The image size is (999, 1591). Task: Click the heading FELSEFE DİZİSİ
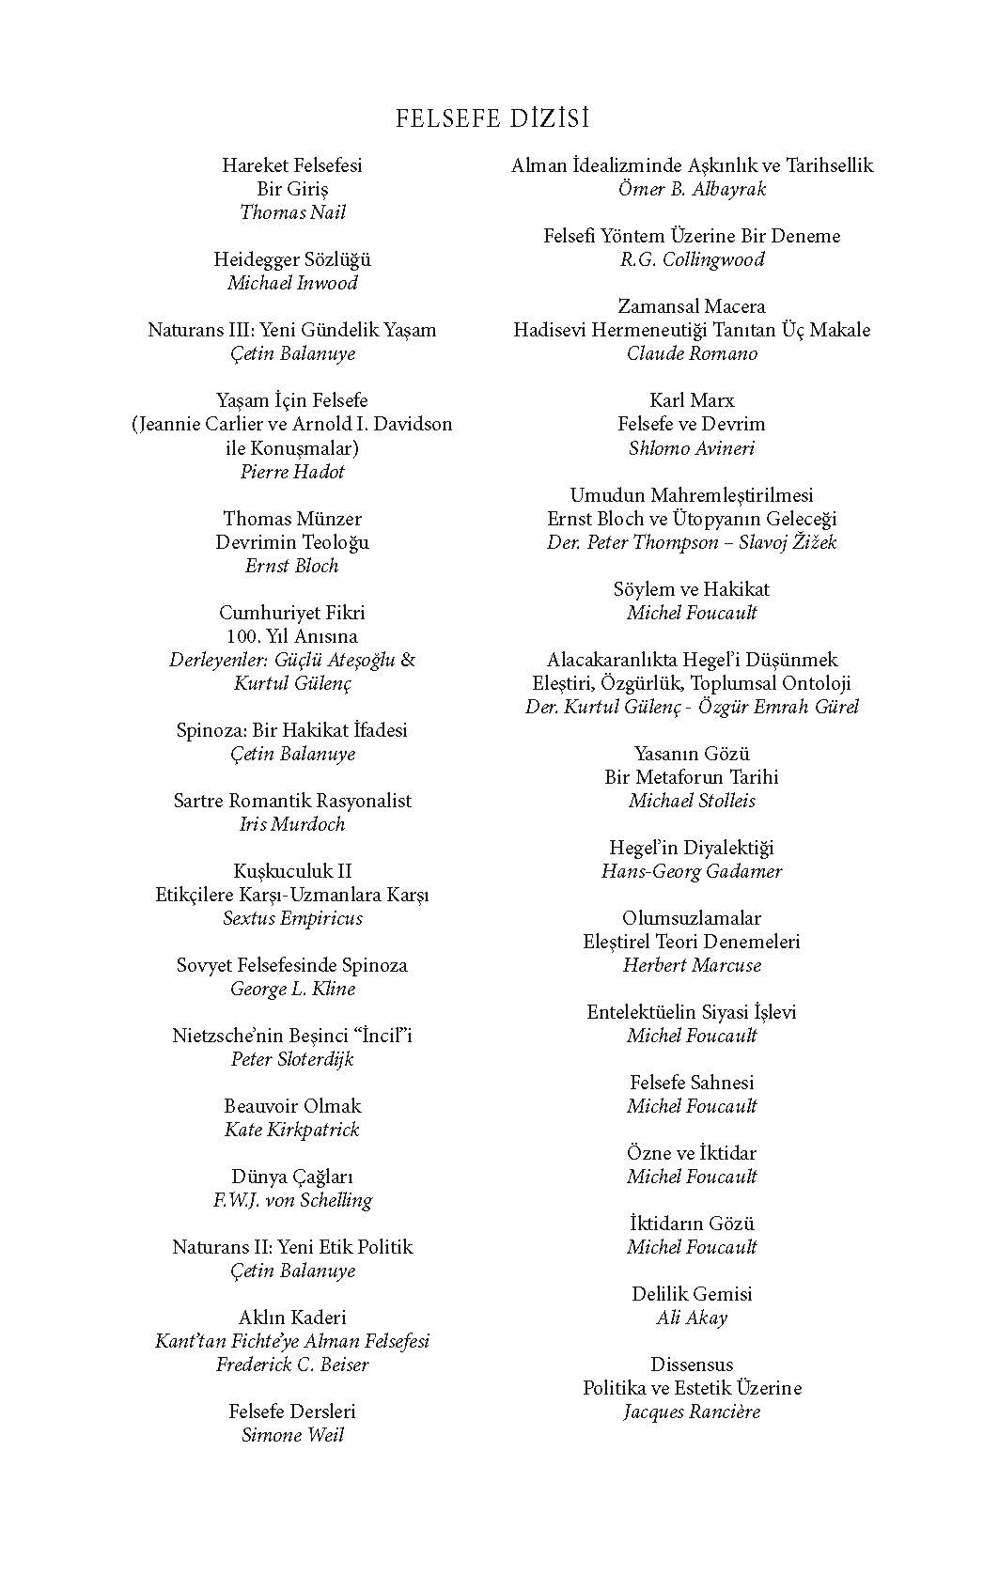click(x=492, y=118)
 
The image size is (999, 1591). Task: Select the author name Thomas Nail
click(x=292, y=212)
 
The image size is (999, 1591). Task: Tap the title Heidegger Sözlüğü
click(x=292, y=259)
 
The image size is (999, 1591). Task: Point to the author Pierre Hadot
click(x=292, y=472)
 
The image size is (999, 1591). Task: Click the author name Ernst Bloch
click(x=292, y=566)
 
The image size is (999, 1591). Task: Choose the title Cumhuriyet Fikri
click(x=292, y=613)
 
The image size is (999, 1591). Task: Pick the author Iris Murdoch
click(x=292, y=824)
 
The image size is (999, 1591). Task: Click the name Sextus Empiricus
click(x=292, y=918)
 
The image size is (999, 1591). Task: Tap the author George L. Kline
click(x=292, y=989)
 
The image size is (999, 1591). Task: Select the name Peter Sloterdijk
click(x=292, y=1059)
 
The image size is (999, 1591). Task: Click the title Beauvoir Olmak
click(x=292, y=1106)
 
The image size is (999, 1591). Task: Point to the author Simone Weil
click(x=292, y=1435)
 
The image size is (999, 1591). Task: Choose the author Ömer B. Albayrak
click(x=692, y=189)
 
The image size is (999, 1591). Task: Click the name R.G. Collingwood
click(x=692, y=259)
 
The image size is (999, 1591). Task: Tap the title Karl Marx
click(x=692, y=400)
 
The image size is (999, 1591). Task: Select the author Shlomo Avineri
click(x=692, y=448)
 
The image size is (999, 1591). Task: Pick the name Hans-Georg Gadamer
click(x=692, y=871)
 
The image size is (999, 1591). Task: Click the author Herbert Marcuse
click(x=692, y=965)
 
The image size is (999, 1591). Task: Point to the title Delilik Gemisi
click(x=692, y=1294)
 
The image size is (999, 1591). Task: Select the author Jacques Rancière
click(x=692, y=1412)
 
